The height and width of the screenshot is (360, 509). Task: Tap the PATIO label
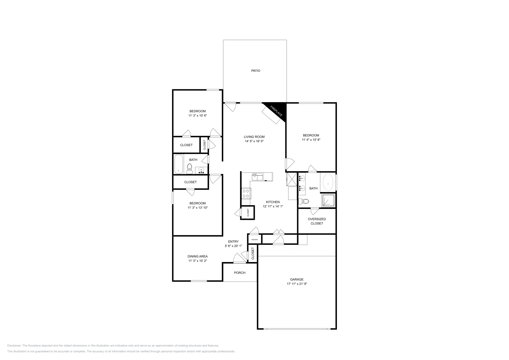coord(255,71)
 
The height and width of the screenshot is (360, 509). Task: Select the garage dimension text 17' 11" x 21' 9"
coord(296,284)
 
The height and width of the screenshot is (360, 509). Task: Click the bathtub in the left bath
coord(178,164)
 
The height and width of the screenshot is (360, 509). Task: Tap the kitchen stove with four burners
coord(246,193)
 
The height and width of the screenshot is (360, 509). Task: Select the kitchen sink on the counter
coord(257,177)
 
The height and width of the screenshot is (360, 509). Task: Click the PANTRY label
coord(254,239)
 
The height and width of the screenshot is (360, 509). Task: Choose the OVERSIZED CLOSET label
coord(317,221)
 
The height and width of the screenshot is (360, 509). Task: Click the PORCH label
coord(240,273)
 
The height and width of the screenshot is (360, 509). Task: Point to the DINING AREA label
coord(198,256)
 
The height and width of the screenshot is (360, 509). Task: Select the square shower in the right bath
coord(328,200)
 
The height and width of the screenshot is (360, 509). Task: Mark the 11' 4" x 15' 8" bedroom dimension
coord(310,139)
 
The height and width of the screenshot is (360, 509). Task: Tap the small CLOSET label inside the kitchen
coord(248,212)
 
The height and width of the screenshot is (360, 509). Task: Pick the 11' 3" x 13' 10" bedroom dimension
coord(198,207)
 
